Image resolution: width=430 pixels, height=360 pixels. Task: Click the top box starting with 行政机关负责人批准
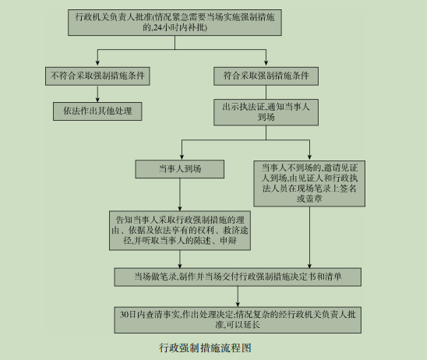pos(174,23)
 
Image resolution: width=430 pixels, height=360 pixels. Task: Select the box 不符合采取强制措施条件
pos(97,76)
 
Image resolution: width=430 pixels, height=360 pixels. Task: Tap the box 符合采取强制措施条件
pos(266,76)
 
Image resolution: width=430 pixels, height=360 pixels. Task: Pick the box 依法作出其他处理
pos(97,111)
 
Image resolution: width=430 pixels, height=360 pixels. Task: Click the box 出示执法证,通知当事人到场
pos(266,112)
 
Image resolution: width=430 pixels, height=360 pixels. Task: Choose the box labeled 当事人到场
pos(180,169)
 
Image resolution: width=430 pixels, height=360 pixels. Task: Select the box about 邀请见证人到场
pos(309,183)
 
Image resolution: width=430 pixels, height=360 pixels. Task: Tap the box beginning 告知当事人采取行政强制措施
pos(180,230)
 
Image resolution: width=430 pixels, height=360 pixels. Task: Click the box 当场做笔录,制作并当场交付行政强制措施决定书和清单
pos(238,277)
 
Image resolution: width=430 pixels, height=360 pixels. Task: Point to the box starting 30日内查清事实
pos(238,320)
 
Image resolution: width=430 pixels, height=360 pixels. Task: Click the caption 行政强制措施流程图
pos(205,348)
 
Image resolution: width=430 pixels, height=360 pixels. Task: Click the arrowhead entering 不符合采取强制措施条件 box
pos(97,62)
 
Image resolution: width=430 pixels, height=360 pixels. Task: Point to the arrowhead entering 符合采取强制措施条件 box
pos(266,62)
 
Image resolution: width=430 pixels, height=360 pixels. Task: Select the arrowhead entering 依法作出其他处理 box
pos(97,98)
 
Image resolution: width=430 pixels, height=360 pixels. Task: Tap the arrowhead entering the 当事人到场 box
pos(182,157)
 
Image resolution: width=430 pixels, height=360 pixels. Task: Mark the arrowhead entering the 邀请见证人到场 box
pos(309,157)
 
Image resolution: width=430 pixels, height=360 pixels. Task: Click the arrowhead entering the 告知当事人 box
pos(180,207)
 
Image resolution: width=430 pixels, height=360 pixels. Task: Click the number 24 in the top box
pos(157,28)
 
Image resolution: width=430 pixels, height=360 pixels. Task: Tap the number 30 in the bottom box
pos(124,315)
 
